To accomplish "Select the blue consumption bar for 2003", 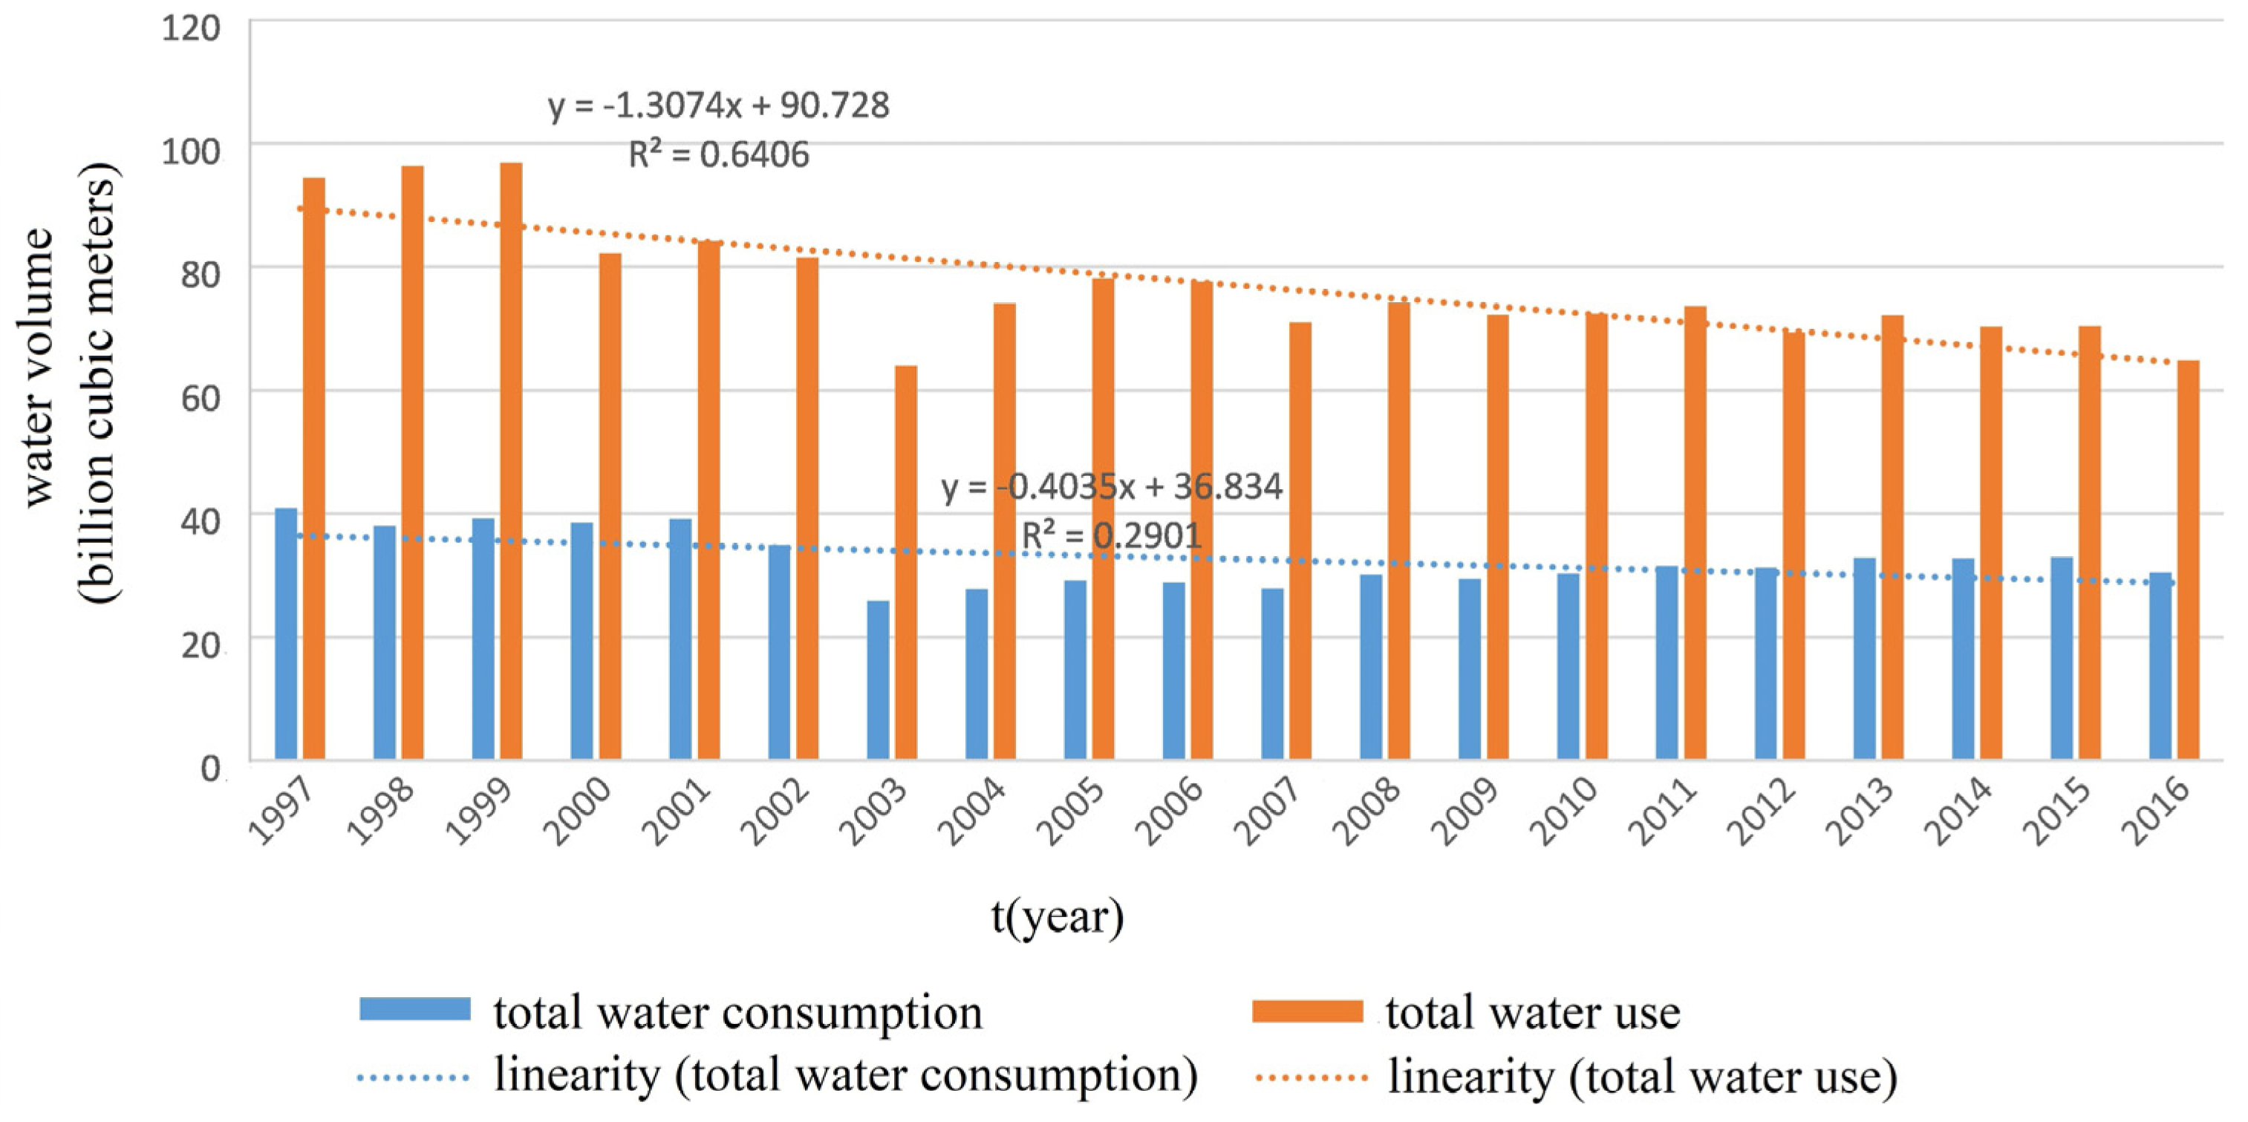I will (878, 680).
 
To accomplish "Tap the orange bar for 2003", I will (906, 563).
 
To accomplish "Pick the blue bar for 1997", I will (286, 634).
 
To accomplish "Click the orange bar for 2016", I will (2189, 560).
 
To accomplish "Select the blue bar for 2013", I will (1865, 659).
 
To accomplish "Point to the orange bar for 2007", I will (1300, 541).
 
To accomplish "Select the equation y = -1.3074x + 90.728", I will (718, 105).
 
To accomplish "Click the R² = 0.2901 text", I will (1111, 535).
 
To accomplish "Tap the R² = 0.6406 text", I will (718, 154).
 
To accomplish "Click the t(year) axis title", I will (1058, 916).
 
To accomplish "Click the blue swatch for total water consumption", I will (414, 1011).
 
